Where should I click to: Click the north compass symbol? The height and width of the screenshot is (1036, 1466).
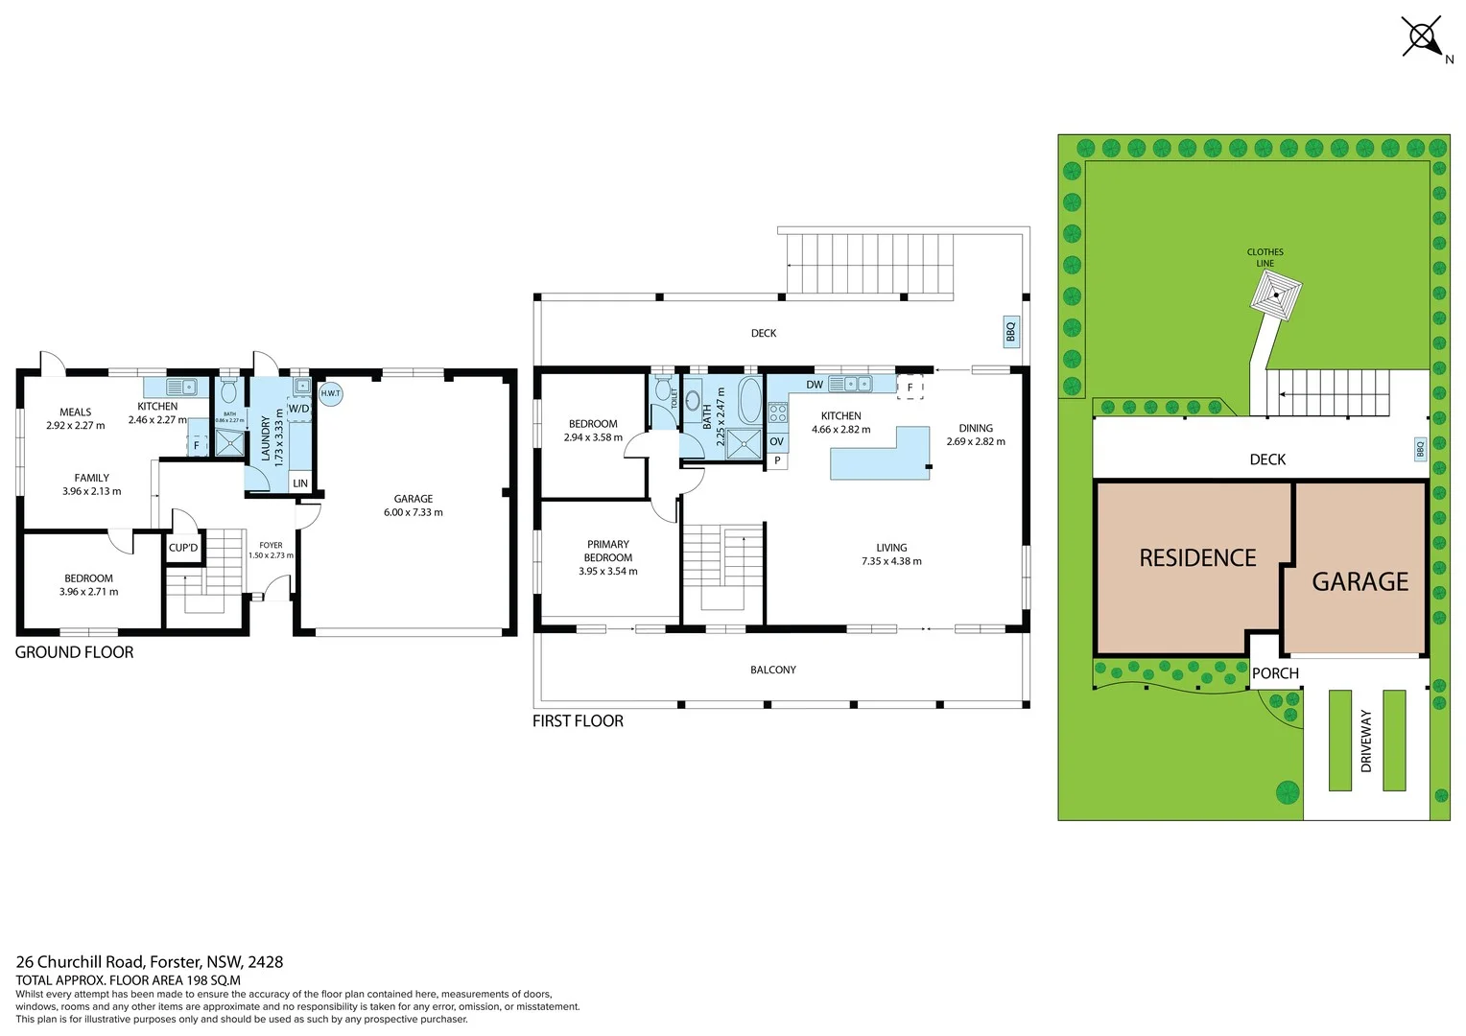(x=1421, y=38)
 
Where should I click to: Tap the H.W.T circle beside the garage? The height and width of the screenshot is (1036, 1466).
(x=330, y=393)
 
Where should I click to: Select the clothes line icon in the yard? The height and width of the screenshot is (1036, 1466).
(x=1275, y=293)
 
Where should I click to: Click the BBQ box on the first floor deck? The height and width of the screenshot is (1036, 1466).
(x=1010, y=332)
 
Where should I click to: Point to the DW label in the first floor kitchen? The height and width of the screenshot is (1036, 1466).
(x=815, y=385)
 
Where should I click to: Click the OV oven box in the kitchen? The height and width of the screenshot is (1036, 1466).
(x=777, y=442)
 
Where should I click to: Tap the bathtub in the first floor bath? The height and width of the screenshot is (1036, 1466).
(x=749, y=401)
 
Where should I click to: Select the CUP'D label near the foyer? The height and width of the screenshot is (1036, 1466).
(x=183, y=548)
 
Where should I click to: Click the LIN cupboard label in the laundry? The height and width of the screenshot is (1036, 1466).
(x=300, y=483)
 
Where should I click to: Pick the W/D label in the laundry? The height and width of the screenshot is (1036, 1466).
(x=299, y=409)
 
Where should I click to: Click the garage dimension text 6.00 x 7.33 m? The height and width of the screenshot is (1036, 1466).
(x=414, y=512)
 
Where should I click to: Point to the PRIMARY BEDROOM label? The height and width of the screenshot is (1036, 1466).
(x=608, y=551)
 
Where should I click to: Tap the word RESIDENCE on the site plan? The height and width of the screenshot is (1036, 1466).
(x=1197, y=558)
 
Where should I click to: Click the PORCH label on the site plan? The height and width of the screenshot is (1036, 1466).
(x=1275, y=673)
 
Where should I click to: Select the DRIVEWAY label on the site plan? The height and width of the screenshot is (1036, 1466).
(x=1366, y=741)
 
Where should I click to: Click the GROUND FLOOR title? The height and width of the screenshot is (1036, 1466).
(x=75, y=652)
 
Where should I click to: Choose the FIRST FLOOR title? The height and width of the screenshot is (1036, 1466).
(x=578, y=721)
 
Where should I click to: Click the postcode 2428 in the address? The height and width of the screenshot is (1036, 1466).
(x=266, y=962)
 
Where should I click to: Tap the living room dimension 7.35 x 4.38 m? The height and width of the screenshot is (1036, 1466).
(x=891, y=561)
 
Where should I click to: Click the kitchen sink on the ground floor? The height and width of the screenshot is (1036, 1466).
(x=180, y=388)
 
